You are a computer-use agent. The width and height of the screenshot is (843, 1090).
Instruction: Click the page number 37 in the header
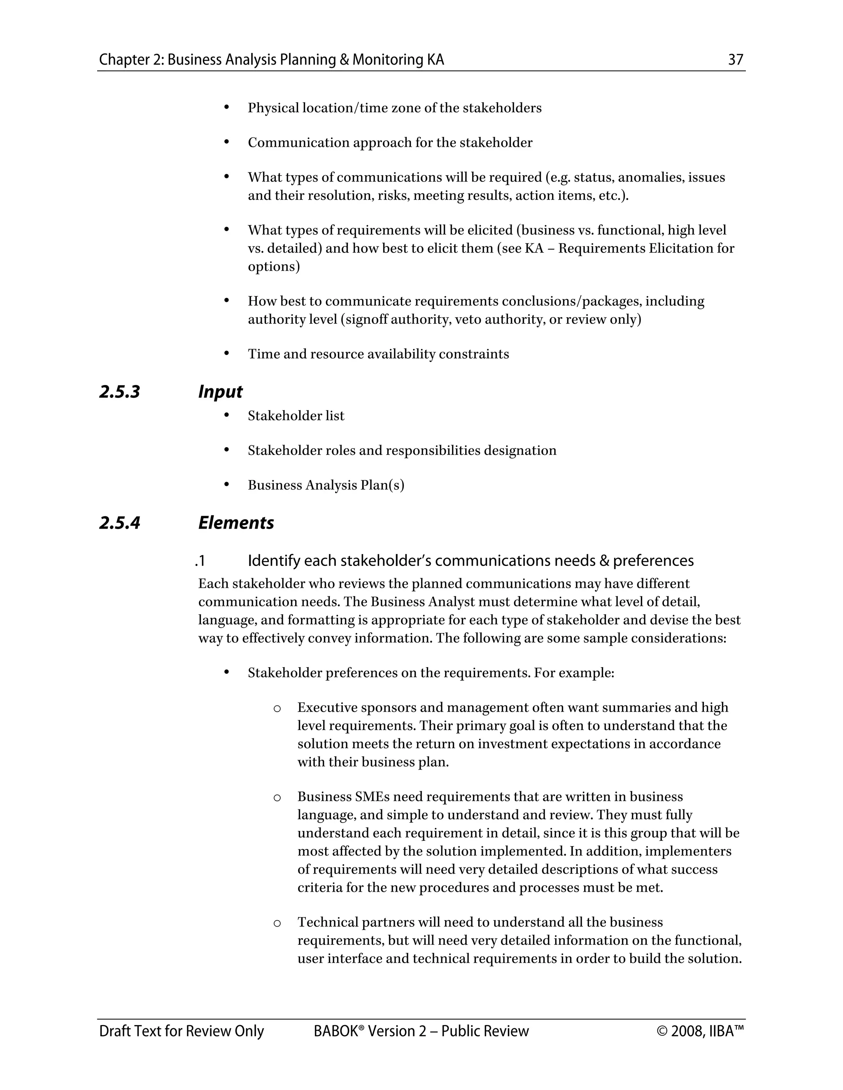[736, 60]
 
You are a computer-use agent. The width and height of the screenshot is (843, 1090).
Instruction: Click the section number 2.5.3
[119, 392]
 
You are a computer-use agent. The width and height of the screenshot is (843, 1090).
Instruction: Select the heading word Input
[220, 392]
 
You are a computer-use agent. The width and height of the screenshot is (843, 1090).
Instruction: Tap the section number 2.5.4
[119, 522]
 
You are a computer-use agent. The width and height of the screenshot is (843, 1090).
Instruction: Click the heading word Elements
[236, 522]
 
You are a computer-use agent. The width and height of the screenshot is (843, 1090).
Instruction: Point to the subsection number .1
[200, 561]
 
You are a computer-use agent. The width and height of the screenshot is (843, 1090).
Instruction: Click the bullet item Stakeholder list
[296, 416]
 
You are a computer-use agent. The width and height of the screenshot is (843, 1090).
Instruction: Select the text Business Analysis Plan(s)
[326, 485]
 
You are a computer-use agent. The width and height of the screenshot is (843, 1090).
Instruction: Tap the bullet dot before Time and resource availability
[226, 353]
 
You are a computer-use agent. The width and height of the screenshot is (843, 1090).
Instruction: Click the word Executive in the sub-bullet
[327, 708]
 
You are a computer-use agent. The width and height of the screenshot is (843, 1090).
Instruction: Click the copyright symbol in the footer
[662, 1032]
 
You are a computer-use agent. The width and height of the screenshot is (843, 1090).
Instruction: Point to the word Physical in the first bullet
[273, 108]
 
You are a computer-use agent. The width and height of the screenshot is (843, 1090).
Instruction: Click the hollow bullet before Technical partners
[277, 923]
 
